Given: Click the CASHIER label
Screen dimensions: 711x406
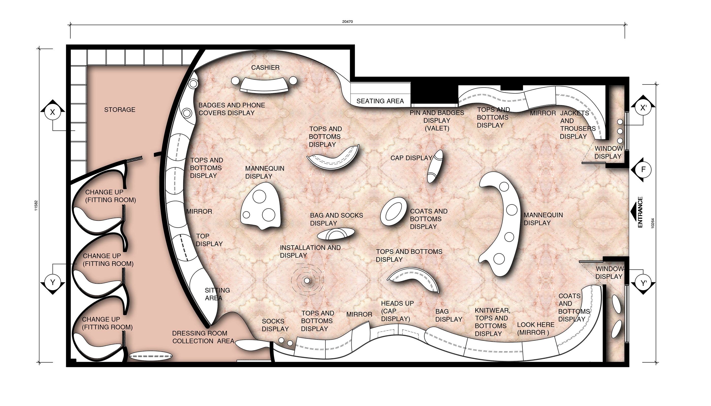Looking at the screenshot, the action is point(265,67).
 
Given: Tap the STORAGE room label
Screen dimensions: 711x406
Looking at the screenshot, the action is point(120,110).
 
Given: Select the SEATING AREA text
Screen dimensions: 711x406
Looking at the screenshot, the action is point(380,101).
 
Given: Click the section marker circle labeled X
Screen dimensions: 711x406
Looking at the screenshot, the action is point(53,112).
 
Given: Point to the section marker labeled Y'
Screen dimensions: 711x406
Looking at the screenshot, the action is point(643,283).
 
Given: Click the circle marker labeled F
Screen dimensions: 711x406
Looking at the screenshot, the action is point(643,170).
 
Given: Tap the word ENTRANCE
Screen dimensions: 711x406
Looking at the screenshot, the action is point(640,212).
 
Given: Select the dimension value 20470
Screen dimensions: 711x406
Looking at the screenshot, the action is point(347,22).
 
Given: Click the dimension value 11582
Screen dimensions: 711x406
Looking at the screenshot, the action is point(36,206).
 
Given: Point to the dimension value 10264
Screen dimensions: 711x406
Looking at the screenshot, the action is point(653,223).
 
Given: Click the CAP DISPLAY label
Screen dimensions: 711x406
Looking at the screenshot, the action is point(411,158).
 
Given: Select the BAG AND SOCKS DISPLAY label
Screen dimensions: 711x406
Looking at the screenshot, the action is point(336,219).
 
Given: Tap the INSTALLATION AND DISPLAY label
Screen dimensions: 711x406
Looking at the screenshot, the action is point(310,251).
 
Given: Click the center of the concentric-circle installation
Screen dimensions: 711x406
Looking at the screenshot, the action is point(307,280).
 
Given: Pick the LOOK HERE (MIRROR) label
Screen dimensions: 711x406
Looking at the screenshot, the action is point(536,329).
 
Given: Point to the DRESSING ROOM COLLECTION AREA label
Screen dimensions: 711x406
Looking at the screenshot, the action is point(203,337).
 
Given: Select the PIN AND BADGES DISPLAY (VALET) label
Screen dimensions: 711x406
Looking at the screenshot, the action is point(437,121).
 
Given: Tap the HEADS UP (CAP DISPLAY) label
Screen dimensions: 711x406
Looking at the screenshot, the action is point(397,311).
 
